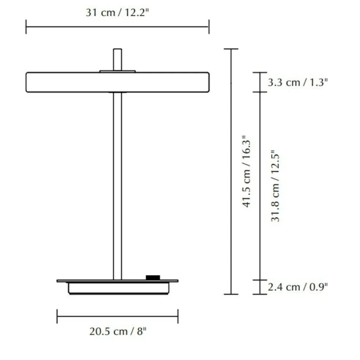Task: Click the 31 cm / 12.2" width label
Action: coord(117,12)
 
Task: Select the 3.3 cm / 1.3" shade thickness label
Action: coord(297,82)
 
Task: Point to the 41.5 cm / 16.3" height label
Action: coord(248,171)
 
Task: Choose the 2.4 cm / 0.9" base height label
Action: coord(297,287)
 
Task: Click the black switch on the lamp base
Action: coord(153,278)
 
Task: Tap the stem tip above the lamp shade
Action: coord(117,59)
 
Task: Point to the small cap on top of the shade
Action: coord(117,71)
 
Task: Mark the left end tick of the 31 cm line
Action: coord(26,27)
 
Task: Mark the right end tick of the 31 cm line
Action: coord(209,27)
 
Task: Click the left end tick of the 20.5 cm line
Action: coord(57,316)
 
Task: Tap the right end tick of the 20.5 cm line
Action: coord(178,316)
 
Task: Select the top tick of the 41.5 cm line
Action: coord(231,49)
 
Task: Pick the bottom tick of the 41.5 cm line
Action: coord(231,294)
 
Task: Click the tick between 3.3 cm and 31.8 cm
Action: coord(260,92)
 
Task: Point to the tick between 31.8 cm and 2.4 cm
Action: coord(260,280)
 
